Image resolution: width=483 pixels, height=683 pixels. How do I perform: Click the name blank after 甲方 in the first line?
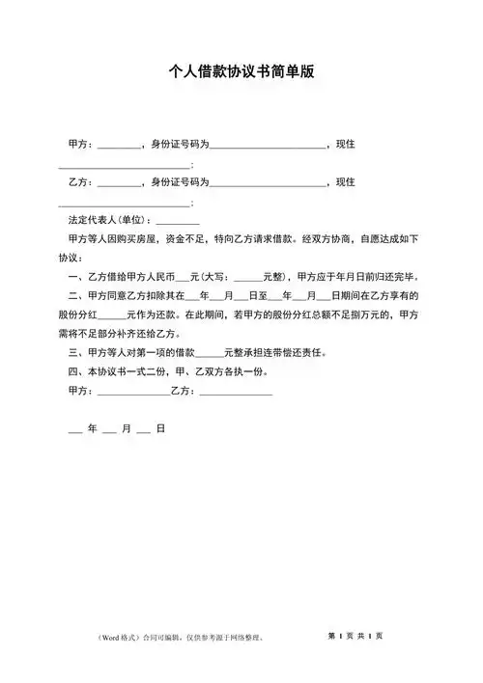click(x=119, y=147)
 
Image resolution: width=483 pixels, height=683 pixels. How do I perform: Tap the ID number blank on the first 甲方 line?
click(x=268, y=147)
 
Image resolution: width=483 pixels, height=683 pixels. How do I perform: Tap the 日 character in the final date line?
click(x=160, y=428)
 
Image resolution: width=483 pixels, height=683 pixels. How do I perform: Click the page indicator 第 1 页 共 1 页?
click(x=355, y=636)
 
